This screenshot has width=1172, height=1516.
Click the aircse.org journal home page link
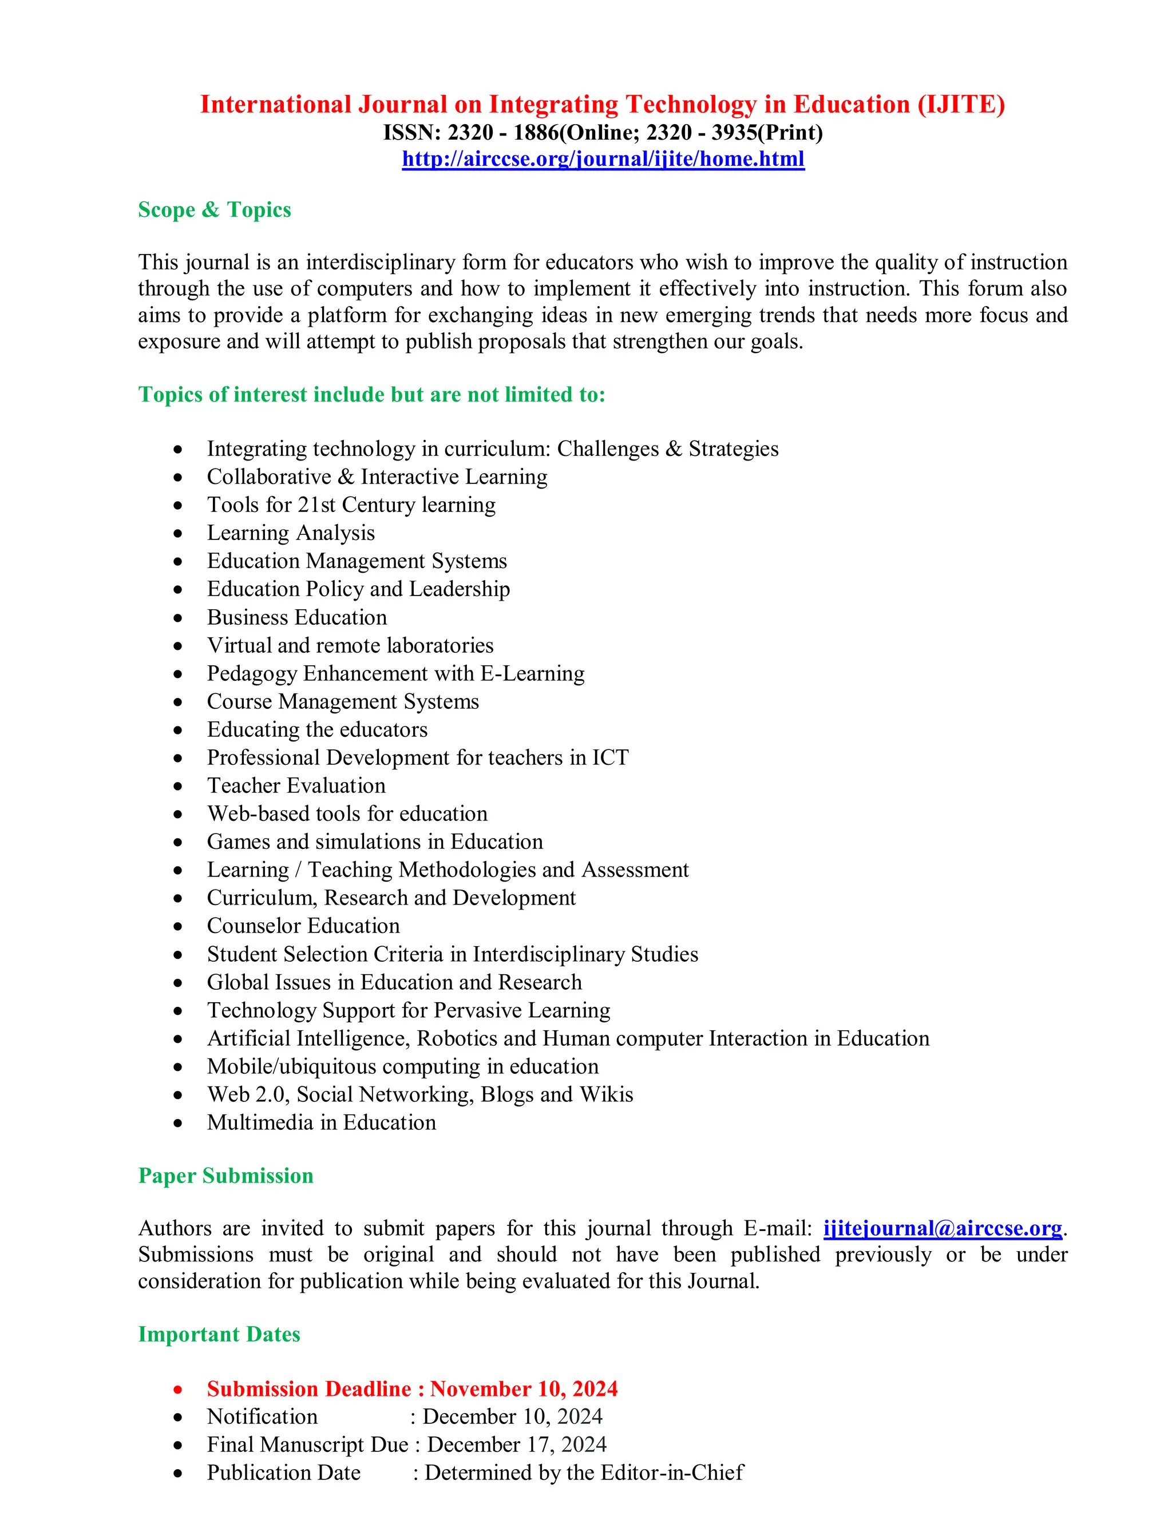tap(603, 159)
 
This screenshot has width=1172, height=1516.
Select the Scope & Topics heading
tap(215, 209)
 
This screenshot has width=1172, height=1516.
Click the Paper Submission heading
tap(225, 1175)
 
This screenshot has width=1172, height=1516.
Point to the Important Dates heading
tap(219, 1334)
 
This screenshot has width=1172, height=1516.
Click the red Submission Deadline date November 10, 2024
tap(524, 1388)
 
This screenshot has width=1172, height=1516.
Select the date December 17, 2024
tap(517, 1444)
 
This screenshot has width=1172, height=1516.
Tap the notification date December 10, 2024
tap(512, 1416)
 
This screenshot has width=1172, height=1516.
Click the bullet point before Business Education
tap(179, 618)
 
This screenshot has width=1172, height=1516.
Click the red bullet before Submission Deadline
tap(179, 1390)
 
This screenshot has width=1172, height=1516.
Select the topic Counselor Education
tap(303, 926)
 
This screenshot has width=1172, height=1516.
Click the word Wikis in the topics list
tap(606, 1094)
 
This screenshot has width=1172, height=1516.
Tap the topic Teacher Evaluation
tap(296, 786)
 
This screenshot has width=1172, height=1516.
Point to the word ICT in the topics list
tap(609, 757)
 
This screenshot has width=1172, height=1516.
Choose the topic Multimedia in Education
tap(322, 1122)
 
